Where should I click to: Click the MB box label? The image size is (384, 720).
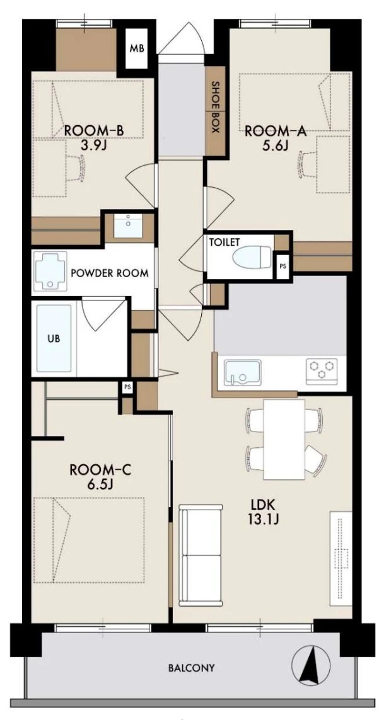click(x=137, y=49)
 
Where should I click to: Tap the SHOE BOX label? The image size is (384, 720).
click(x=215, y=107)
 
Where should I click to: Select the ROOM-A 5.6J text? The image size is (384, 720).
click(x=276, y=138)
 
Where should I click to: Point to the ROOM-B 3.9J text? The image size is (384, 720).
click(x=93, y=138)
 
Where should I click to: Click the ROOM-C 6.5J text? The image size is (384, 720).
click(x=100, y=477)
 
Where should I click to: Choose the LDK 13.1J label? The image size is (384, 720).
click(x=263, y=512)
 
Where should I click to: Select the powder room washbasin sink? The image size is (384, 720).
click(x=128, y=226)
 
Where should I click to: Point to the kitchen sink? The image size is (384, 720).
click(x=242, y=372)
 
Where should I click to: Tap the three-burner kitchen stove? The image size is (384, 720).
click(x=322, y=370)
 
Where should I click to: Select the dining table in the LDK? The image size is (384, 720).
click(x=284, y=440)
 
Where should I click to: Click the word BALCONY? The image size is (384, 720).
click(x=191, y=668)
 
